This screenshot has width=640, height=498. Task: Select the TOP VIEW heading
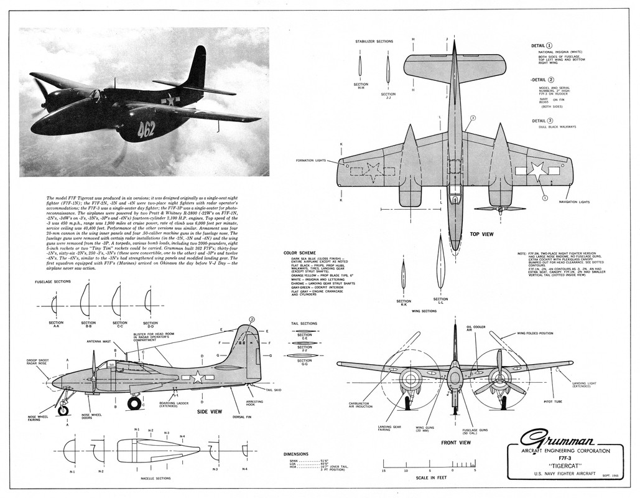click(x=482, y=234)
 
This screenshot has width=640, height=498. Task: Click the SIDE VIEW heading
click(x=210, y=411)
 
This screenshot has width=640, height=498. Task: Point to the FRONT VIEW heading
click(x=455, y=443)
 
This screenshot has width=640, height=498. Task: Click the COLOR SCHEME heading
click(x=299, y=253)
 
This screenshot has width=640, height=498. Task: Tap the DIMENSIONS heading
click(x=296, y=454)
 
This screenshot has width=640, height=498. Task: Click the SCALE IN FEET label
click(x=429, y=477)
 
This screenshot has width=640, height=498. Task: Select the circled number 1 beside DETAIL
click(x=549, y=45)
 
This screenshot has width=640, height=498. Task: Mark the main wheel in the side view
click(x=134, y=403)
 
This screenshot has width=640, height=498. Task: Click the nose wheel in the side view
click(x=63, y=410)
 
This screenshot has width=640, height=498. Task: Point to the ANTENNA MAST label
click(x=98, y=341)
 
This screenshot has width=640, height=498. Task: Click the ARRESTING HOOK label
click(x=256, y=403)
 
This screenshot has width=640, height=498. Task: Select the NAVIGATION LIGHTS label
click(x=574, y=202)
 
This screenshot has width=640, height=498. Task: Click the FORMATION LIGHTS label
click(x=312, y=160)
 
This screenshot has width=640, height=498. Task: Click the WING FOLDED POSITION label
click(x=535, y=333)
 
